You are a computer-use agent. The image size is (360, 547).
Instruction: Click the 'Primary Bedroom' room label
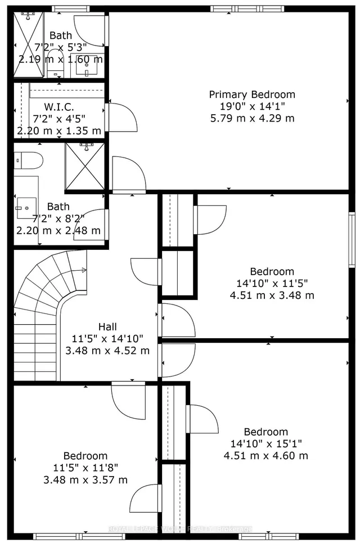[x=251, y=95]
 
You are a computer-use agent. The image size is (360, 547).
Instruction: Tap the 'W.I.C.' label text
[x=59, y=107]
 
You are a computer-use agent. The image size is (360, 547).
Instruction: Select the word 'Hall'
[x=107, y=327]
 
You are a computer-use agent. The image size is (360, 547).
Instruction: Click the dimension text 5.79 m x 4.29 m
[x=251, y=118]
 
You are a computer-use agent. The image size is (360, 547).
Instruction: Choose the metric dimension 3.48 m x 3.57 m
[x=85, y=479]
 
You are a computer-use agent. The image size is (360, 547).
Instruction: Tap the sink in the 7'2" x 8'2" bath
[x=26, y=207]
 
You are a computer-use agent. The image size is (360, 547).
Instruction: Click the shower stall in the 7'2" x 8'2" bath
[x=85, y=167]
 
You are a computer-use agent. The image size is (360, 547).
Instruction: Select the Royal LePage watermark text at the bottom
[x=180, y=529]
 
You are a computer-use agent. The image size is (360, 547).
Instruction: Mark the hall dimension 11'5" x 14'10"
[x=107, y=339]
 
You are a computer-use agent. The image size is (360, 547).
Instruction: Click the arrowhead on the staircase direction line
[x=84, y=270]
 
